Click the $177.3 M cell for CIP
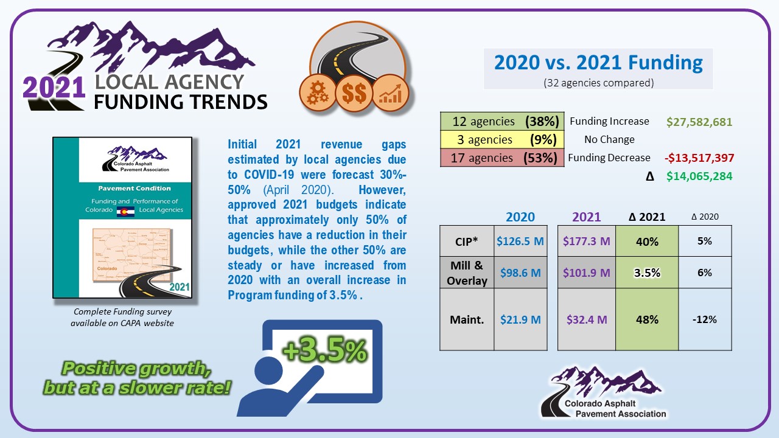(586, 241)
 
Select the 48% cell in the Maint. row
(647, 319)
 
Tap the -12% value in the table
(705, 319)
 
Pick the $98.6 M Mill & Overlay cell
(520, 273)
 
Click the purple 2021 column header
(586, 217)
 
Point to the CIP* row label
(466, 242)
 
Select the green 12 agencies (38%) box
(502, 121)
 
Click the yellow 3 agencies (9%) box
(502, 139)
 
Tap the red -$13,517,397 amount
(699, 158)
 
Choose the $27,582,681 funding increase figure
(699, 122)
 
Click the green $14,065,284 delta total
(699, 176)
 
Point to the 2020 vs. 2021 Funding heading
(598, 63)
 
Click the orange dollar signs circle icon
(354, 93)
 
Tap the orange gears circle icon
(318, 92)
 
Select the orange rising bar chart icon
(391, 93)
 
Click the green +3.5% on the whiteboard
(325, 350)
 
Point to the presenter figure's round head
(269, 370)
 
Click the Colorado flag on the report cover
(125, 212)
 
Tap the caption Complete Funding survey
(122, 311)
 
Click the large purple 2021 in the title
(54, 87)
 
